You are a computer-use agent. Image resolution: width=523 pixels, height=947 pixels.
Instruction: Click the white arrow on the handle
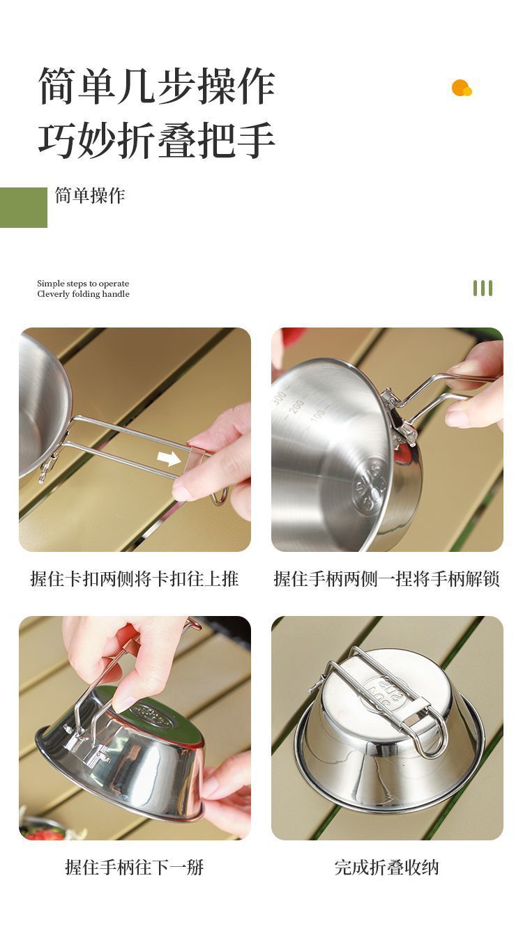(169, 458)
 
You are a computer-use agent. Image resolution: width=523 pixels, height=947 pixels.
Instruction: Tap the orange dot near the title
(461, 88)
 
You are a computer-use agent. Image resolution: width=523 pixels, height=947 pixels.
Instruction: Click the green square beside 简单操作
(23, 207)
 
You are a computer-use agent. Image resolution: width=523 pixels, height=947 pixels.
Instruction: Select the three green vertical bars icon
(483, 288)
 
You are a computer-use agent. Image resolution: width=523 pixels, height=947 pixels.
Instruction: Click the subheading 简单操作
(90, 195)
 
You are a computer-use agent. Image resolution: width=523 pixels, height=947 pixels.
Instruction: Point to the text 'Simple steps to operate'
(83, 283)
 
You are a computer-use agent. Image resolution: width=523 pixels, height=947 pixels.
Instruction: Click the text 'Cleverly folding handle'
(83, 294)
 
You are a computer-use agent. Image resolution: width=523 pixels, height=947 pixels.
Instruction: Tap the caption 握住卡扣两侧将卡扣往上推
(135, 579)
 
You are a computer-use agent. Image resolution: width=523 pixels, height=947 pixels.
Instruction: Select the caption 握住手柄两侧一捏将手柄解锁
(387, 579)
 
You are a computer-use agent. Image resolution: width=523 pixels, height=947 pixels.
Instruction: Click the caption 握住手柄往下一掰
(135, 867)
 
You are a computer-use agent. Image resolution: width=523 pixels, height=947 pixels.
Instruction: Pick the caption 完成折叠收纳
(387, 867)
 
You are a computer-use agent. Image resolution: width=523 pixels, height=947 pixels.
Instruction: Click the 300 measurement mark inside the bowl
(280, 397)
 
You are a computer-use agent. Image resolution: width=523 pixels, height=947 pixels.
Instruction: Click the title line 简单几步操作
(157, 86)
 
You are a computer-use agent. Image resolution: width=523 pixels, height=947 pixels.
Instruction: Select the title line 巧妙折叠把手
(157, 139)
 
